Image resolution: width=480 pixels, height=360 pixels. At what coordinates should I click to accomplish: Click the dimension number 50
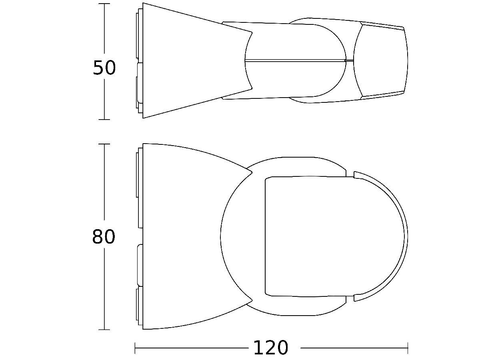[104, 68]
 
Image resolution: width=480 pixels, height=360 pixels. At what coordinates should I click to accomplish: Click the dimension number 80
[104, 237]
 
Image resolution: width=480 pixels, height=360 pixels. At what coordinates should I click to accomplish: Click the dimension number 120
[270, 348]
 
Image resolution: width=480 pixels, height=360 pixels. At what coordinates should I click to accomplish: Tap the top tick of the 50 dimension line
[104, 4]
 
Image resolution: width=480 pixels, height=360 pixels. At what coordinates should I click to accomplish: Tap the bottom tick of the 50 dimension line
[104, 119]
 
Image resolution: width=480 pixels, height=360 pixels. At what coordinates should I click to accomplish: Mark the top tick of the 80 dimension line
[104, 144]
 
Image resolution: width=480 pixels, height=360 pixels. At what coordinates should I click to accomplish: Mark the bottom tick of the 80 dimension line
[104, 330]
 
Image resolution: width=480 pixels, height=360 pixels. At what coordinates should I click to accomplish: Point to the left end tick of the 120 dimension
[135, 348]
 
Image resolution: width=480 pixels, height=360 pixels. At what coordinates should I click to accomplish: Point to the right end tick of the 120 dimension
[408, 348]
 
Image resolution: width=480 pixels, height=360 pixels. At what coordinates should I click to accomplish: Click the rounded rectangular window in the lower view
[306, 236]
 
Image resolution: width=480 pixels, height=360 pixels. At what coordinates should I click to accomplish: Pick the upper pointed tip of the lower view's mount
[252, 172]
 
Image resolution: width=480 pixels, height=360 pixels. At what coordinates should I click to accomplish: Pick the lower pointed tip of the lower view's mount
[252, 300]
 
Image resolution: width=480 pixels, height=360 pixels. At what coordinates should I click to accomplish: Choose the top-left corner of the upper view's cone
[143, 4]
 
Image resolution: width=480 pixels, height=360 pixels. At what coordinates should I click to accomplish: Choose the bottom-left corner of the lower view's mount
[143, 329]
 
